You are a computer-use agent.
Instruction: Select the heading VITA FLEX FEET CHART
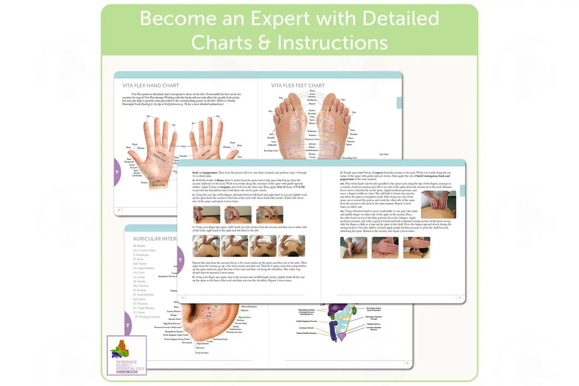pyautogui.click(x=298, y=85)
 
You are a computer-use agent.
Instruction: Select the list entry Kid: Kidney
pyautogui.click(x=141, y=264)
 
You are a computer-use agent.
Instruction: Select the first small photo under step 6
pyautogui.click(x=206, y=215)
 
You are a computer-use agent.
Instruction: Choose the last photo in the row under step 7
pyautogui.click(x=291, y=246)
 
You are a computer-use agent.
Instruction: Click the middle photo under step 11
pyautogui.click(x=385, y=248)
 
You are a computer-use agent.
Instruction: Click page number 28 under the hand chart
pyautogui.click(x=119, y=210)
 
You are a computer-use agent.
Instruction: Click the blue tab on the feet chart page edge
pyautogui.click(x=399, y=103)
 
